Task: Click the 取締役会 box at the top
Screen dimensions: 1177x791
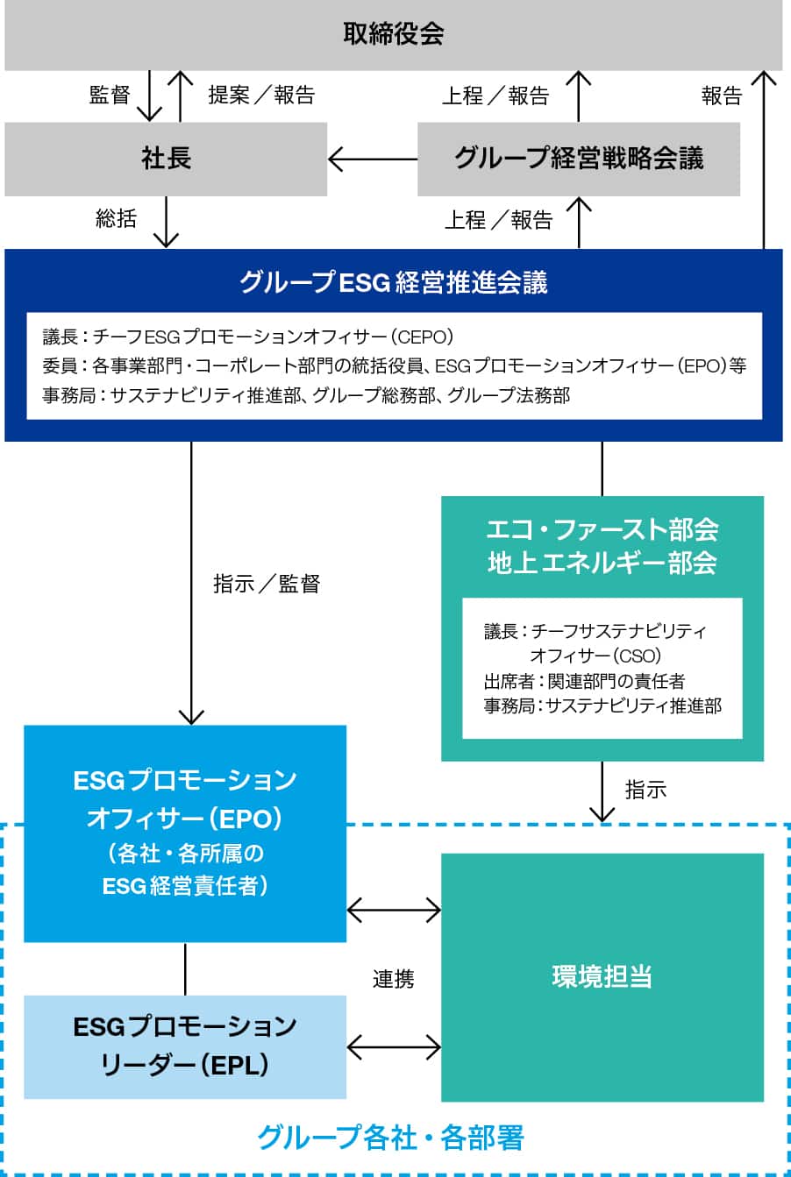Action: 394,34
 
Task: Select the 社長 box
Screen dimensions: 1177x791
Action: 166,159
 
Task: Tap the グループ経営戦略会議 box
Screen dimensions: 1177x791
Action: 579,159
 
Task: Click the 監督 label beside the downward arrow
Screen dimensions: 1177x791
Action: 110,95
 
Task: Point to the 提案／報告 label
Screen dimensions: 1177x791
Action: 261,95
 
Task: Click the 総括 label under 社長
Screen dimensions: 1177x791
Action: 116,218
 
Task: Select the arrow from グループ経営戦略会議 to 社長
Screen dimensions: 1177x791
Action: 372,160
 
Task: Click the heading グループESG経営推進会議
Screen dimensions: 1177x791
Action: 394,282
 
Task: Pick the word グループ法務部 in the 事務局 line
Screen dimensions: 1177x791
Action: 509,396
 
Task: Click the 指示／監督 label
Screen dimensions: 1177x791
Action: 267,584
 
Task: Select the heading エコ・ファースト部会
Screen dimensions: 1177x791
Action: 602,529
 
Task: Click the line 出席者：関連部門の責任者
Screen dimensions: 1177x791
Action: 584,681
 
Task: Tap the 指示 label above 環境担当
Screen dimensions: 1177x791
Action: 645,790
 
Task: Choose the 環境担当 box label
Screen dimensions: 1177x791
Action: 602,976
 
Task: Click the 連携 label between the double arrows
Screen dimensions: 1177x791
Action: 393,979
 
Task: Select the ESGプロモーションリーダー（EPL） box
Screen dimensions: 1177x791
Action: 185,1046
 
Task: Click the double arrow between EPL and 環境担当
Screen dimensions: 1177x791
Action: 394,1046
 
